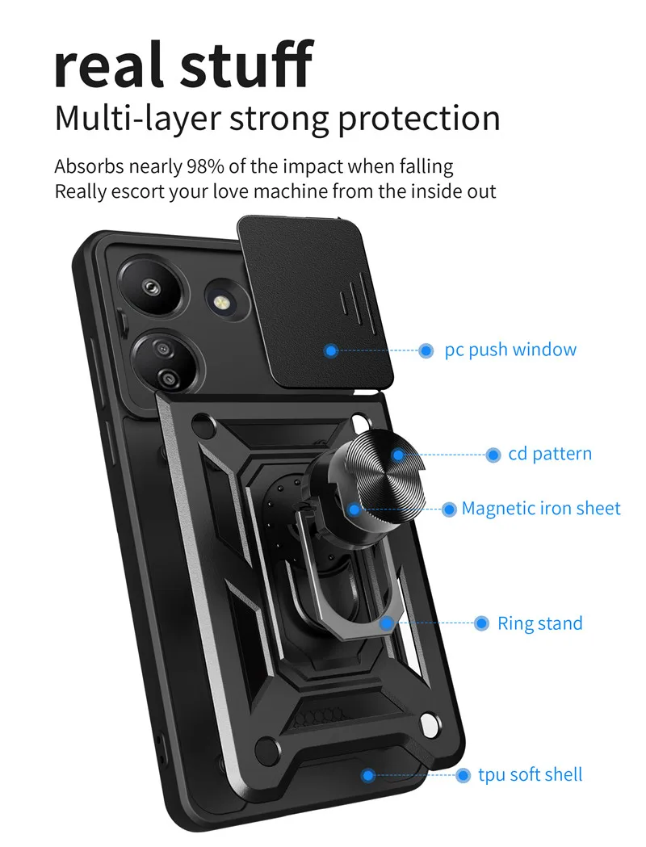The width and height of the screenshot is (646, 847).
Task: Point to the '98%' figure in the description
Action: pos(205,166)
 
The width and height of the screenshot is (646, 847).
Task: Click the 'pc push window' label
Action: pos(510,350)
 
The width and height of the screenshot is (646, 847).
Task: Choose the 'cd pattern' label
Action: pos(550,454)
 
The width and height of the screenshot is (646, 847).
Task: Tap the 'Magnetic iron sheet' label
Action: pos(541,509)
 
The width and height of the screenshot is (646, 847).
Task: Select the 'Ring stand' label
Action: pos(540,623)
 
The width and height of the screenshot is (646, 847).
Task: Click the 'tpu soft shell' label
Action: pos(531,774)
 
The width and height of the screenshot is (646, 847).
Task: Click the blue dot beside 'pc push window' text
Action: pos(426,350)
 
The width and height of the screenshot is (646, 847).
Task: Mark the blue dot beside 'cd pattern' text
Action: pos(493,455)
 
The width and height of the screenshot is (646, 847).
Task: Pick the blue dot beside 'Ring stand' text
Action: pos(482,623)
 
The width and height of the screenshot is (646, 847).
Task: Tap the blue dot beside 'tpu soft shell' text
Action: pos(463,776)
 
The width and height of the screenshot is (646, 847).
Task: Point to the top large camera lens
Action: pos(151,287)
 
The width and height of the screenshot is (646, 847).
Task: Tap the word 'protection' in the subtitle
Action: pos(419,120)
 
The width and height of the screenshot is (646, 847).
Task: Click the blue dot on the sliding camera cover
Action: pos(331,351)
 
